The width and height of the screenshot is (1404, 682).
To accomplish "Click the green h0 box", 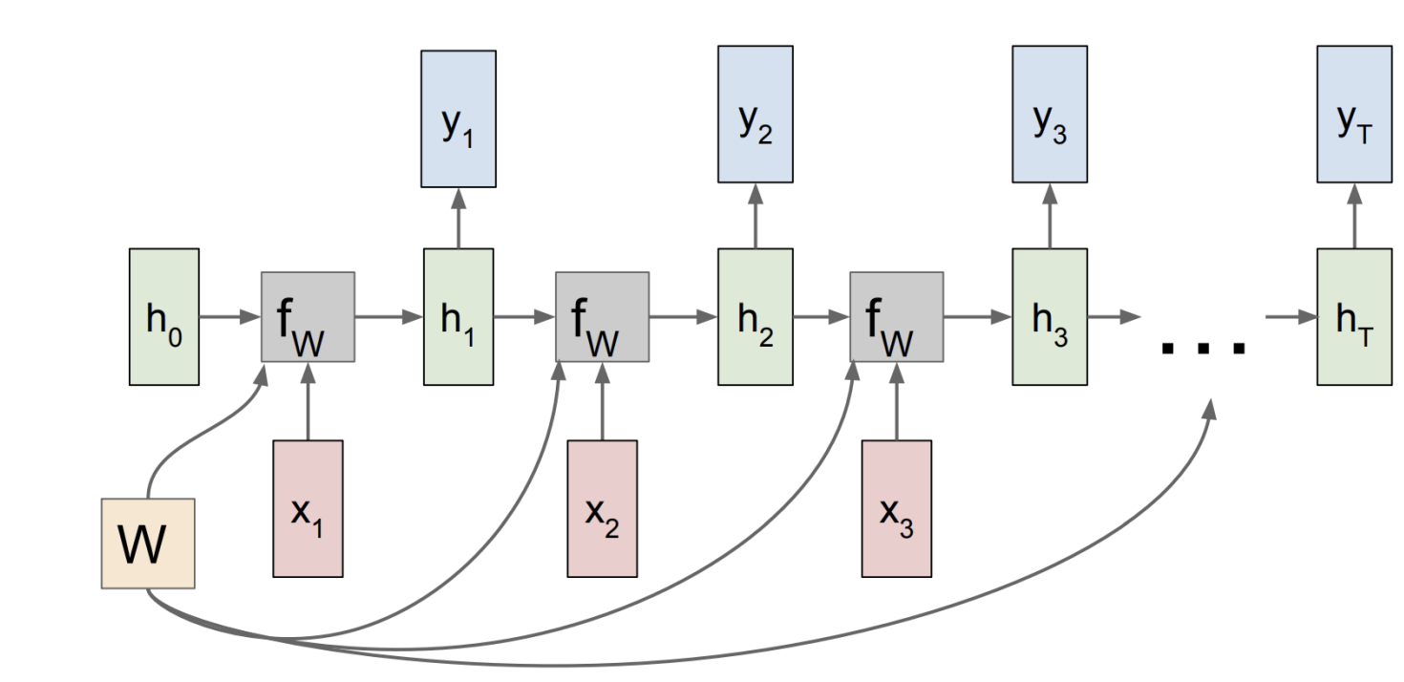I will [164, 317].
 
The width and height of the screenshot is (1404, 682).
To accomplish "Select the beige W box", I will [148, 543].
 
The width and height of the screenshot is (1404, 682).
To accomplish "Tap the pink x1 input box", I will [308, 508].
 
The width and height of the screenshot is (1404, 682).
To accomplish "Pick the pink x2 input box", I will [602, 508].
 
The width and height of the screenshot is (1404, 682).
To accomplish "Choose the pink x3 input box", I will [896, 508].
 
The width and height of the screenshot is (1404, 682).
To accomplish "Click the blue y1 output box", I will [458, 118].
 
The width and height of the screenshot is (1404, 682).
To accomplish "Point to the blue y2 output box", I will [755, 114].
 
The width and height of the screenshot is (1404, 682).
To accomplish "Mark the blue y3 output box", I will [1049, 114].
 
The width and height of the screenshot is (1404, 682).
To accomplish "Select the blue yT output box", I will [1352, 114].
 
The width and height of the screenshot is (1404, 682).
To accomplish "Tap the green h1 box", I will [458, 317].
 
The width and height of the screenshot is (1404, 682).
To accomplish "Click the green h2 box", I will [755, 317].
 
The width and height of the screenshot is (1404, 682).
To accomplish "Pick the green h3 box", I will [1049, 317].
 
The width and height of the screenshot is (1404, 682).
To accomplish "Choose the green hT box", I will [1352, 317].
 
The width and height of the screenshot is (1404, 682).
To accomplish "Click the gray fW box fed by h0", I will [308, 317].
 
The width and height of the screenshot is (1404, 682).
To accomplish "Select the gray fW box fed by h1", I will [602, 317].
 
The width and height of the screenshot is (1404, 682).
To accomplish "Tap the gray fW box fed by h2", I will [896, 317].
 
